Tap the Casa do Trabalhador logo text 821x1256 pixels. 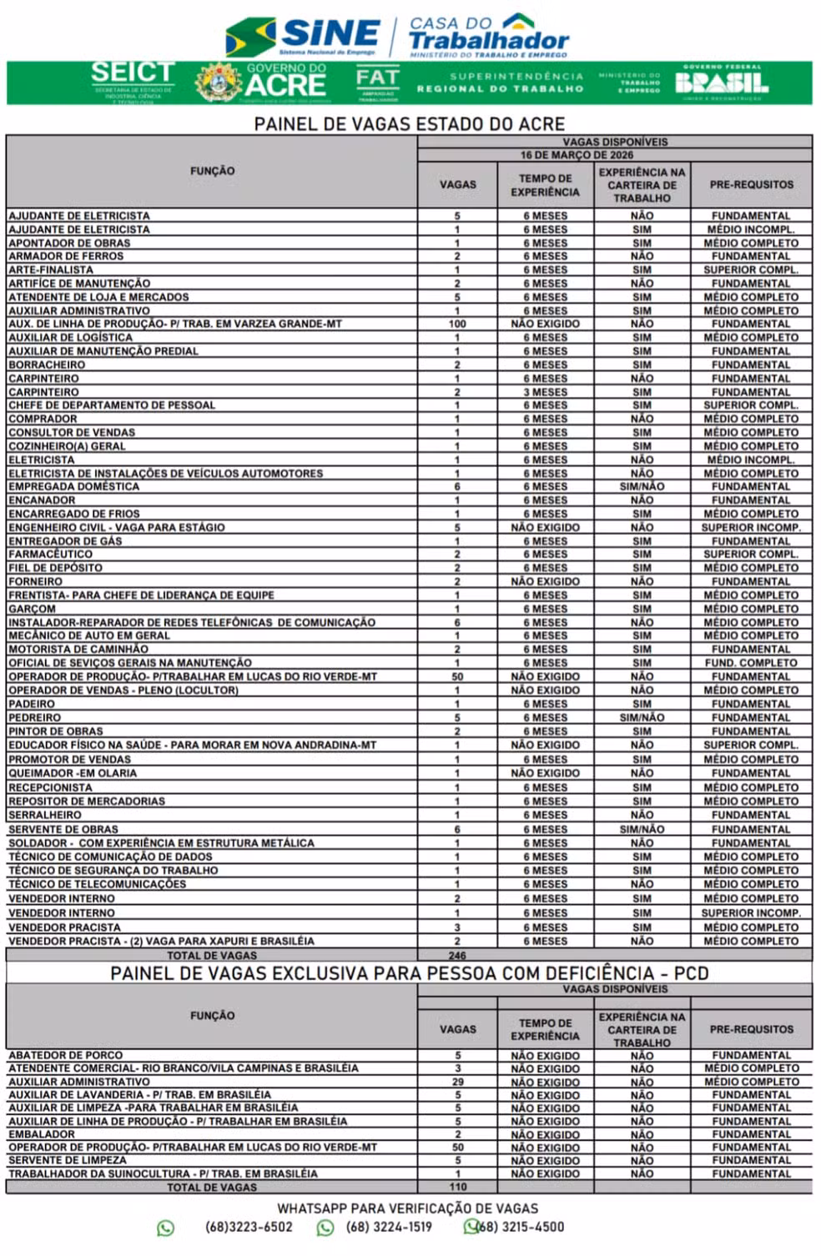pos(488,36)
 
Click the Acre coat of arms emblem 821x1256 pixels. pos(218,83)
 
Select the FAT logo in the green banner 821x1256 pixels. pos(377,82)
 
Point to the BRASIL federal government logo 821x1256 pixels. pos(722,83)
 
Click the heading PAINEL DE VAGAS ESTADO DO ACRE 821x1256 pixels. pos(409,124)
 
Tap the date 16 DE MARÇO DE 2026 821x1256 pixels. pos(577,155)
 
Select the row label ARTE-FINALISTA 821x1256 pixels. pos(51,270)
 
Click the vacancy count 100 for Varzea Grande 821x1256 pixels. pos(457,324)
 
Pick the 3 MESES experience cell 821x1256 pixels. pos(545,392)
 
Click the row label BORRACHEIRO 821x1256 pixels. pos(47,364)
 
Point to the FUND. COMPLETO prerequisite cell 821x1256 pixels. pos(751,663)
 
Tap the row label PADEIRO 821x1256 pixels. pos(32,704)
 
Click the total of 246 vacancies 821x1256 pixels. pos(457,956)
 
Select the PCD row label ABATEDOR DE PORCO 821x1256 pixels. pos(65,1055)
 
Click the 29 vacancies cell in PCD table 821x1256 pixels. pos(457,1082)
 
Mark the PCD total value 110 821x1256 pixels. pos(457,1187)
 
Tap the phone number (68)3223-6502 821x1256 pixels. pos(249,1227)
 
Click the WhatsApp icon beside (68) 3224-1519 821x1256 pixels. pos(325,1227)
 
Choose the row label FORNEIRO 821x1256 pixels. pos(35,581)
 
